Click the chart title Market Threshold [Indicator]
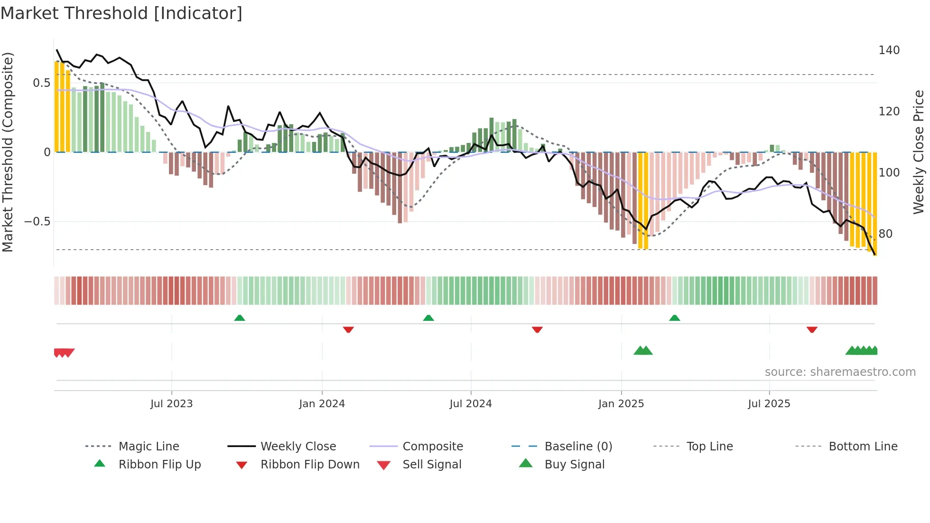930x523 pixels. tap(121, 13)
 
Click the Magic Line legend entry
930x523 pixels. tap(149, 446)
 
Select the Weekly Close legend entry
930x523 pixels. tap(298, 446)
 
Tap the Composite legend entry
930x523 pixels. tap(433, 446)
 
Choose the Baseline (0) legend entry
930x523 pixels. tap(578, 446)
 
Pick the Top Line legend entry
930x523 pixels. tap(709, 446)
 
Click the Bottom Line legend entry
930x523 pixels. tap(863, 446)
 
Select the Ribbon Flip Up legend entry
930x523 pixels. tap(159, 464)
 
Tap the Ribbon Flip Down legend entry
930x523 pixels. tap(310, 464)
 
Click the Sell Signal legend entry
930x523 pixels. tap(432, 464)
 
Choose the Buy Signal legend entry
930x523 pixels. tap(574, 464)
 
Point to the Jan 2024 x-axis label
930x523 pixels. tap(322, 404)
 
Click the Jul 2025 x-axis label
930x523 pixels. tap(769, 404)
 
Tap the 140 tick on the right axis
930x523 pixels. tap(889, 50)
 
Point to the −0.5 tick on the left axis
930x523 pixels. tap(37, 222)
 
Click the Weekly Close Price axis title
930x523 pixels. tap(919, 152)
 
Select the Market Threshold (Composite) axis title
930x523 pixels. tap(8, 152)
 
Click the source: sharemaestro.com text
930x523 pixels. tap(840, 372)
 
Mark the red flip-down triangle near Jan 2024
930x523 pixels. tap(348, 329)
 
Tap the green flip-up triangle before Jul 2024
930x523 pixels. tap(428, 318)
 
